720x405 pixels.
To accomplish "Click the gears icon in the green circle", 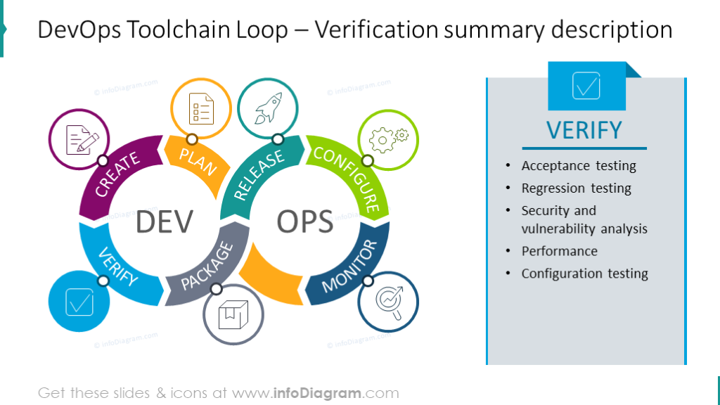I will pos(389,139).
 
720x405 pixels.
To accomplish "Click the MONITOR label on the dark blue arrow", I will pos(350,266).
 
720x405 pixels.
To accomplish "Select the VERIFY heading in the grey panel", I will pos(584,130).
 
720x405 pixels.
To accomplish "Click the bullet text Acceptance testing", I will pos(579,166).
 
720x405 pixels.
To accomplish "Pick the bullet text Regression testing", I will pos(577,188).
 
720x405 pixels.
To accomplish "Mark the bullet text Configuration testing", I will pos(585,274).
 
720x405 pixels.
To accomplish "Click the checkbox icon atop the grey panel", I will pos(586,86).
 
